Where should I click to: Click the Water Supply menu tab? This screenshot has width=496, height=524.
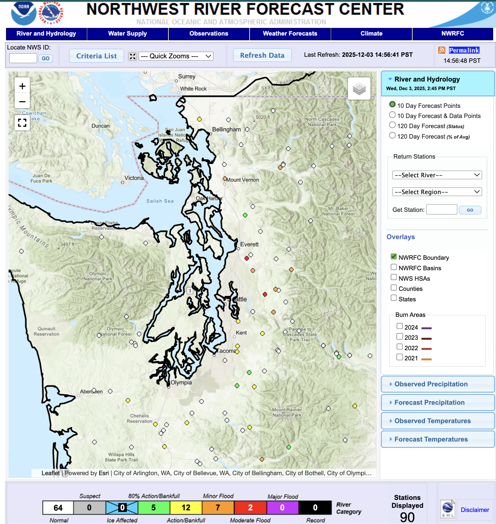tap(127, 34)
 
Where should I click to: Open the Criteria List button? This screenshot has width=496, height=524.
tap(96, 56)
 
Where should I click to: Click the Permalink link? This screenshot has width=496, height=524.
tap(464, 50)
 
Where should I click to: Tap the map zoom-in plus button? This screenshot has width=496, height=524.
tap(22, 86)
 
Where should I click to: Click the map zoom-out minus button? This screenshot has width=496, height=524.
tap(22, 102)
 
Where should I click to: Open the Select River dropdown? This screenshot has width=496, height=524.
tap(437, 175)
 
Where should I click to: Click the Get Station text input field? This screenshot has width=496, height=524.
tap(441, 210)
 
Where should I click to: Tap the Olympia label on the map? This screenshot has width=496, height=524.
tap(181, 383)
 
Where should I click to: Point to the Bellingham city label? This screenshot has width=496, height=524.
tap(226, 129)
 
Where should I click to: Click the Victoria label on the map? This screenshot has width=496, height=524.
tap(134, 178)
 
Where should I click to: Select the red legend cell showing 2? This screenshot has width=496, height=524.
tap(250, 508)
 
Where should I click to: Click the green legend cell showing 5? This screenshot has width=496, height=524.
tap(154, 508)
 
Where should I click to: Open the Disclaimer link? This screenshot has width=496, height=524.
tap(475, 510)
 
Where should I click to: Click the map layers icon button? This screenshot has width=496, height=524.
tap(359, 88)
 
